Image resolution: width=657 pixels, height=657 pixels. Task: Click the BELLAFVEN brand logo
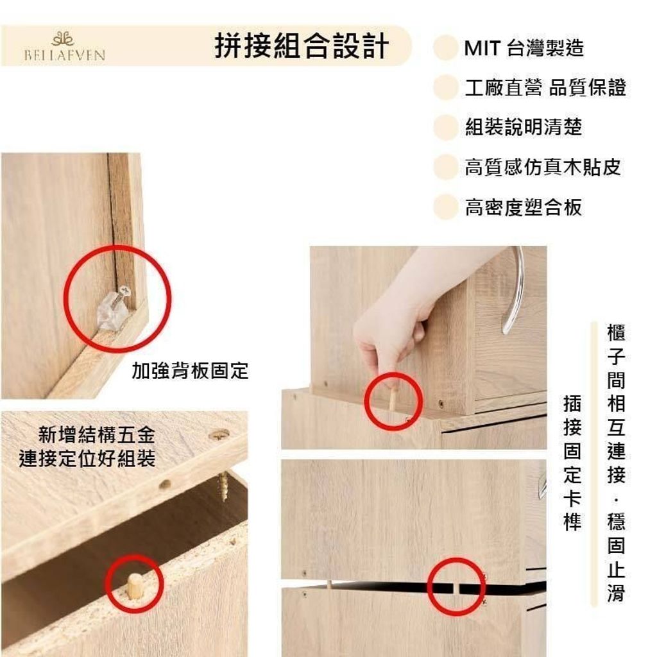click(64, 46)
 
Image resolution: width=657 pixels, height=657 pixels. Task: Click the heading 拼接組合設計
click(302, 46)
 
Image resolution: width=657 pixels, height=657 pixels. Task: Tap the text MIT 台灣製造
click(524, 48)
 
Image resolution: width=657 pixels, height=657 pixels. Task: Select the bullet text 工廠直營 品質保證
click(545, 87)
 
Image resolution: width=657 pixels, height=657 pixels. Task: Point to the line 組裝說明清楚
click(524, 127)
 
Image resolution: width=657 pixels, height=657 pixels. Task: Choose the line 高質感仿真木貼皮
click(543, 167)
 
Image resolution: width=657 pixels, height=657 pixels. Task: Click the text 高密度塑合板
click(524, 207)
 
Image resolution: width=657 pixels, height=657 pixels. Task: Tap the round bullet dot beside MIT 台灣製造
click(445, 48)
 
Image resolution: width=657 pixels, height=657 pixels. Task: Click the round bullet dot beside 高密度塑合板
click(445, 207)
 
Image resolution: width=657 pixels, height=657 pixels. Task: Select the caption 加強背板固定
click(190, 370)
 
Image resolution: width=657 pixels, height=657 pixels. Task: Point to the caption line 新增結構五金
click(97, 434)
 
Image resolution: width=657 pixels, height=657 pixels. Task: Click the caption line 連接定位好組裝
click(87, 458)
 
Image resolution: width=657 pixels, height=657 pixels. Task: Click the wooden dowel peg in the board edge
click(134, 585)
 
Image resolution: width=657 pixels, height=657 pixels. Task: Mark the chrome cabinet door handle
click(515, 289)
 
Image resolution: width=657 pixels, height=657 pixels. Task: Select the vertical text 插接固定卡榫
click(572, 463)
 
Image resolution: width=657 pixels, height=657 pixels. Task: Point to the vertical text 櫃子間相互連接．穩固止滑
click(616, 463)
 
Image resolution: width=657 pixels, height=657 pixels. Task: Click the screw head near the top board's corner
click(219, 434)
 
